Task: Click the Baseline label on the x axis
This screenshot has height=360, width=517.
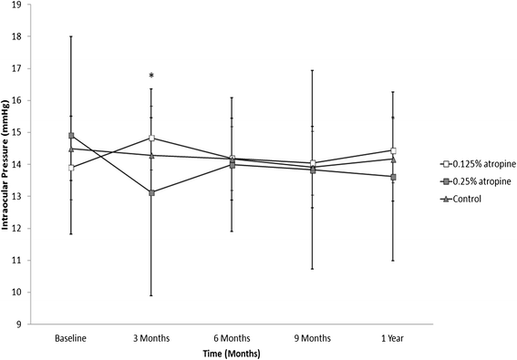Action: coord(71,338)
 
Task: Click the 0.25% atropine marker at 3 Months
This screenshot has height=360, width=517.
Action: coord(151,192)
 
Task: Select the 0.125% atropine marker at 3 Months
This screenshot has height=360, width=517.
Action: coord(151,139)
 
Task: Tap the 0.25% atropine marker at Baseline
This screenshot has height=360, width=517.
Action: coord(71,136)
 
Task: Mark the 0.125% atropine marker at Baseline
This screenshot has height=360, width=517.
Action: coord(71,168)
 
